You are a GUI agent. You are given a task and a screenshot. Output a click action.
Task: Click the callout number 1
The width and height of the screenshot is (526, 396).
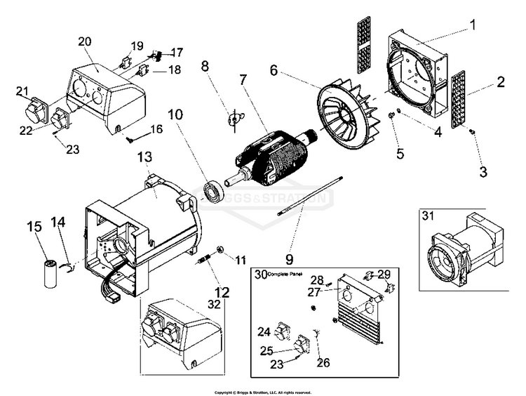(472, 25)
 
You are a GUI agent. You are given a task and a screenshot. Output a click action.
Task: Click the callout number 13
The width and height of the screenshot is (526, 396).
(145, 157)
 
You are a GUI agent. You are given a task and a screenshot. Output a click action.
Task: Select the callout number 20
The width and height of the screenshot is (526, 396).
(85, 41)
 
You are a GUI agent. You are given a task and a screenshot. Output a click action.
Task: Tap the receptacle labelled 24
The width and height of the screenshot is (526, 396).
(283, 330)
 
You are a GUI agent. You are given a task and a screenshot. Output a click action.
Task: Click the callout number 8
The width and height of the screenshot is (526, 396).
(205, 67)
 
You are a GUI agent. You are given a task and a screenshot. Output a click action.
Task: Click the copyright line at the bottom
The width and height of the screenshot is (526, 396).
(262, 392)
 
